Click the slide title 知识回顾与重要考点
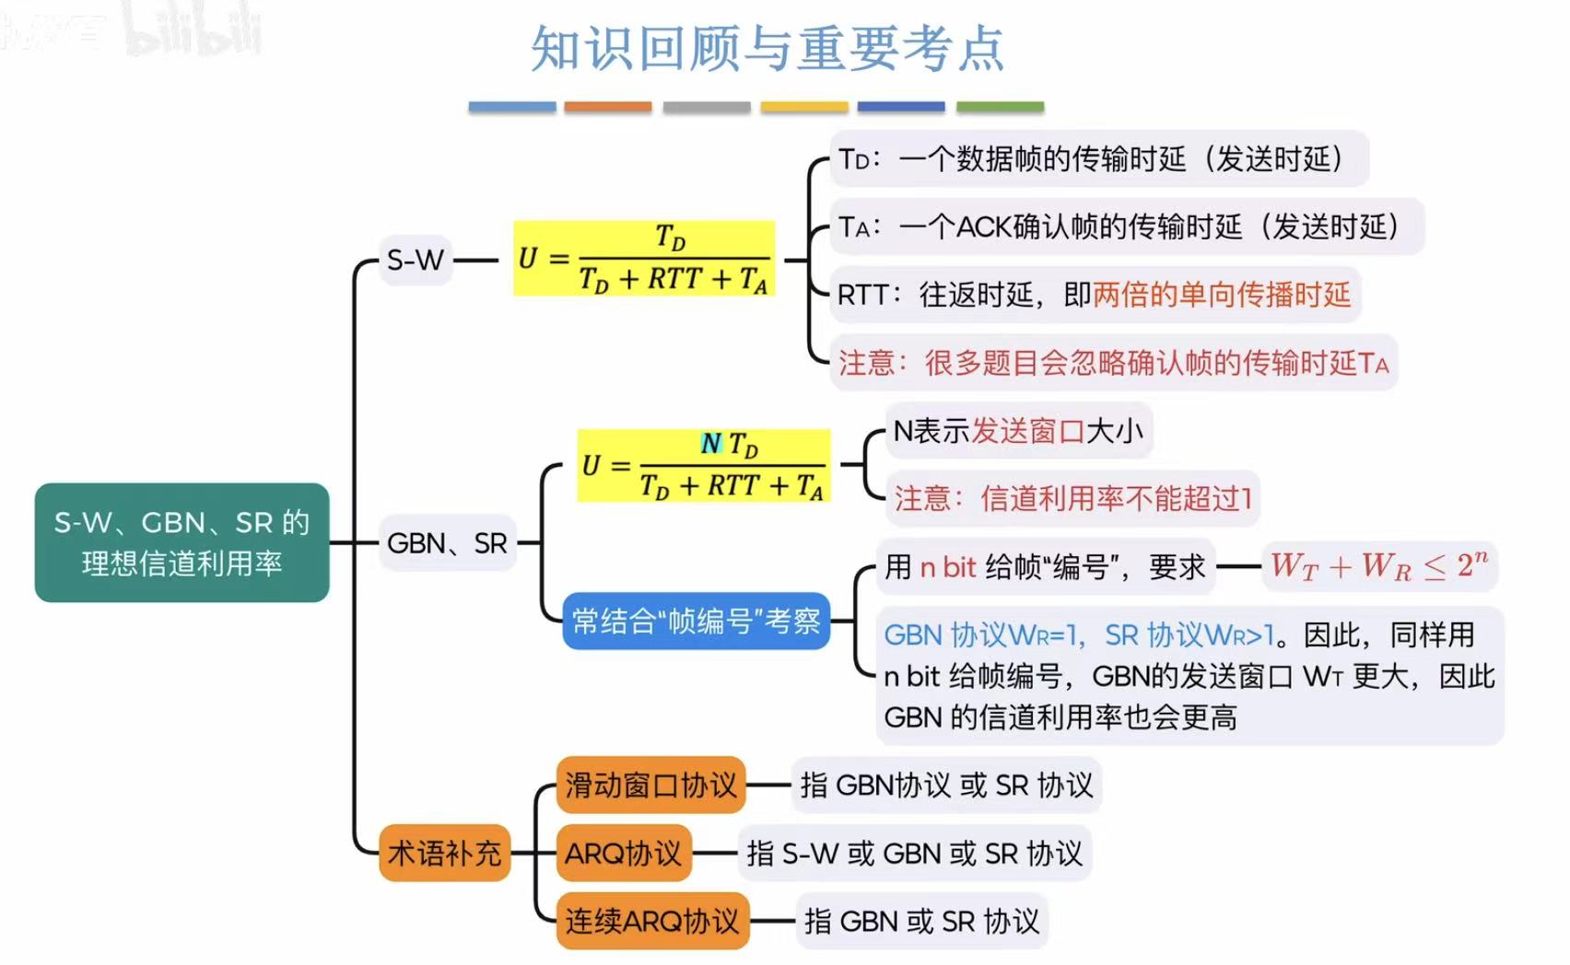(767, 48)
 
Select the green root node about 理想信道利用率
(182, 542)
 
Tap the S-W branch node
(416, 261)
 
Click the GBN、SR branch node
(447, 543)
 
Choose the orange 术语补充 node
(444, 853)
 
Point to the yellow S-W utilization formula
(644, 259)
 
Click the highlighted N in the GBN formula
(710, 444)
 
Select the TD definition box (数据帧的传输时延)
(1098, 158)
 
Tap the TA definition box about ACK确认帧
(1126, 227)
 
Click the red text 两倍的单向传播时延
(1221, 295)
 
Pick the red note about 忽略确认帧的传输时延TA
(1112, 363)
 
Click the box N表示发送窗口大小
(1018, 431)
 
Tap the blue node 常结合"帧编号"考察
(696, 622)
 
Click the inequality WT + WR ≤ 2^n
(1378, 565)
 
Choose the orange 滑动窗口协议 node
(650, 785)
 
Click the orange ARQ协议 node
(623, 853)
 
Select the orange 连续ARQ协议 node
(652, 921)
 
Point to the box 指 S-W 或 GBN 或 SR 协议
(914, 853)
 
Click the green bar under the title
(1000, 107)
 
